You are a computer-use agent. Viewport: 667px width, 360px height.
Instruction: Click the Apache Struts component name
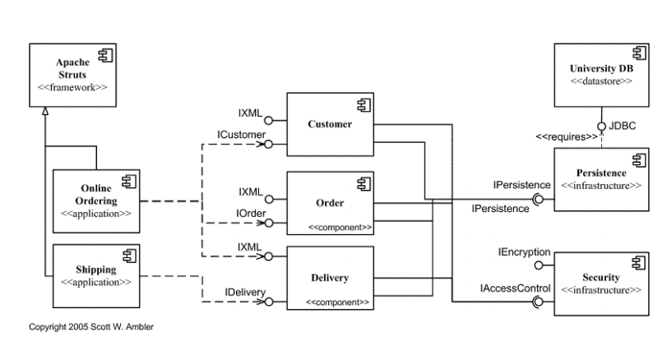pos(72,68)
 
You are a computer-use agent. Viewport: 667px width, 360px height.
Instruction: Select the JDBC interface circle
pos(601,127)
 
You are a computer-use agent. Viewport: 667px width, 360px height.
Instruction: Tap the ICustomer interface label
pos(241,135)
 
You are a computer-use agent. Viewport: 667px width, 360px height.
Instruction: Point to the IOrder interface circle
pos(269,223)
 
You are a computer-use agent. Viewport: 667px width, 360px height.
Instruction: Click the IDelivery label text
pos(245,293)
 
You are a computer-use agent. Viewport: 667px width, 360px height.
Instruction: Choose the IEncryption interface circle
pos(539,265)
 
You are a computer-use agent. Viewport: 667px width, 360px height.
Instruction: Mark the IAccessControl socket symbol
pos(538,302)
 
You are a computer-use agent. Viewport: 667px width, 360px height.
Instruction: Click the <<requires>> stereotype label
pos(567,137)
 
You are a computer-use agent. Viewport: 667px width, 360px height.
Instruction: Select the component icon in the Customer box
pos(364,105)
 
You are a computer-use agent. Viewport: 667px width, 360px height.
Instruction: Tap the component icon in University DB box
pos(639,53)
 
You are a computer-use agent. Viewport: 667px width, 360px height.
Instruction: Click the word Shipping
pos(96,270)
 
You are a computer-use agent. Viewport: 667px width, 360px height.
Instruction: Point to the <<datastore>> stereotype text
pos(601,81)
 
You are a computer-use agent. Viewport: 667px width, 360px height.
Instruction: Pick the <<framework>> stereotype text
pos(72,87)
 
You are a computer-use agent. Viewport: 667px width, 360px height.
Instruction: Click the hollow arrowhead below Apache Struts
pos(45,111)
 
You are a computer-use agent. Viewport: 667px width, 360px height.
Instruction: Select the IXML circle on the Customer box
pos(268,121)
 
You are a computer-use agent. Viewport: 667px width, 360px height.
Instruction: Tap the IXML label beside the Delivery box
pos(249,247)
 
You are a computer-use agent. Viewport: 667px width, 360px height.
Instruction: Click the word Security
pos(601,278)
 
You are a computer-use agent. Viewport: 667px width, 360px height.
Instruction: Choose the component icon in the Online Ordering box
pos(129,182)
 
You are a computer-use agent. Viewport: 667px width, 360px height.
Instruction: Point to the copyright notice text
pos(91,327)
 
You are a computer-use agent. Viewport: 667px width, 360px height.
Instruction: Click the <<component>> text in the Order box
pos(340,228)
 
